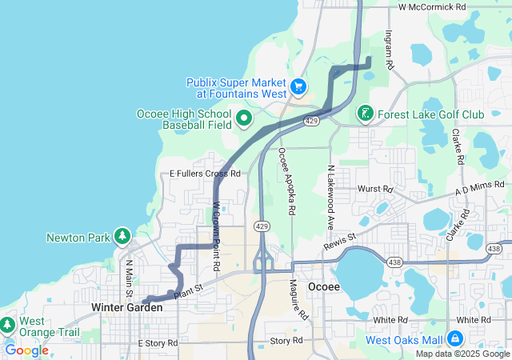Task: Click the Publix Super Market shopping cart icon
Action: [298, 85]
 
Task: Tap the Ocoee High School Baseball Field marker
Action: [242, 120]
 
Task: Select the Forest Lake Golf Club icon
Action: [365, 114]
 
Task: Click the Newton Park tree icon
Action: [122, 237]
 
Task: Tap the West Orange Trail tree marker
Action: [7, 326]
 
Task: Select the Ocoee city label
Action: [325, 286]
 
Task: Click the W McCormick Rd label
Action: [432, 6]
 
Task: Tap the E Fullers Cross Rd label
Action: [205, 173]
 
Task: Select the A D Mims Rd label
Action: [481, 188]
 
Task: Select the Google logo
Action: [26, 350]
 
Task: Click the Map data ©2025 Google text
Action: [462, 354]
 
